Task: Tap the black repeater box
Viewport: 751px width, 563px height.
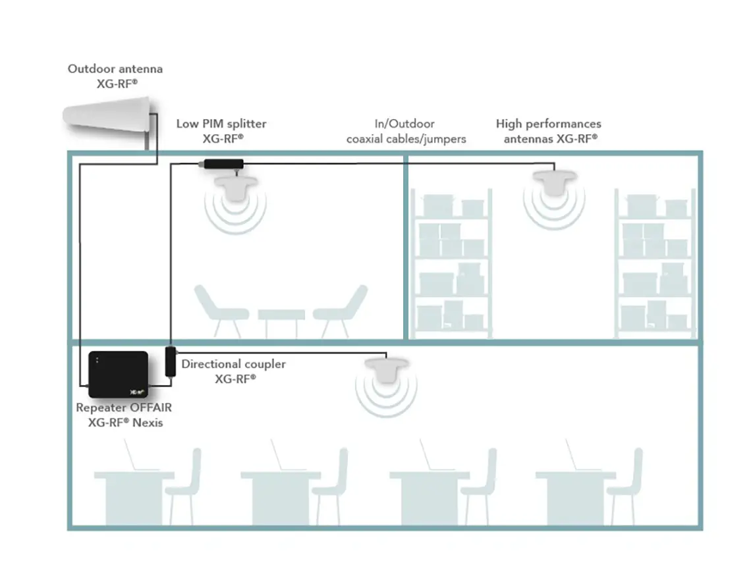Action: [119, 374]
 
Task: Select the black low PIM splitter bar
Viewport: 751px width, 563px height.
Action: [223, 164]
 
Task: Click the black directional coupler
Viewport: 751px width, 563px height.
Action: [170, 362]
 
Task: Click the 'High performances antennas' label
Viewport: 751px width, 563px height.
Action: [549, 131]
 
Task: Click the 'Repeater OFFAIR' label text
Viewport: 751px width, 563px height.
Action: [124, 408]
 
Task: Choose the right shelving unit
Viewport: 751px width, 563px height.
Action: [655, 263]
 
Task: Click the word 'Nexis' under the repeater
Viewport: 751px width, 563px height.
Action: [147, 423]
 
